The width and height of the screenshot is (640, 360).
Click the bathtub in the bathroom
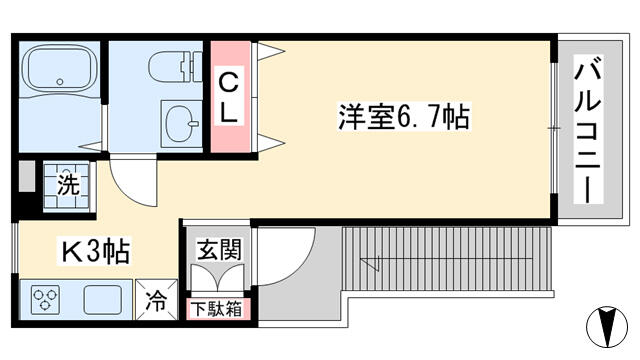[x=60, y=69]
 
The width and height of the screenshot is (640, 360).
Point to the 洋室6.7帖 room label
[x=404, y=116]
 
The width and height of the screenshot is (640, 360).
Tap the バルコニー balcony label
[x=588, y=129]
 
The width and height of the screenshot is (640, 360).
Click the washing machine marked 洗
[x=67, y=186]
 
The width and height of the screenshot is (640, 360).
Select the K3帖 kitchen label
[x=96, y=251]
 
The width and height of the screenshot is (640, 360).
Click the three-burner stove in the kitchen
[x=45, y=300]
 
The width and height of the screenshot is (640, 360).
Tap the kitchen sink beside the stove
[x=102, y=300]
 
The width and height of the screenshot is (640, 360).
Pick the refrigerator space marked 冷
[x=156, y=300]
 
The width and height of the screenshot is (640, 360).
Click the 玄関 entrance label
[x=219, y=250]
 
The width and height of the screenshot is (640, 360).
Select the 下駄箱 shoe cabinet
[x=217, y=309]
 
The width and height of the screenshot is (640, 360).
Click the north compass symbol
[x=607, y=327]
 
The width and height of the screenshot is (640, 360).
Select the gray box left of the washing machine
[x=27, y=176]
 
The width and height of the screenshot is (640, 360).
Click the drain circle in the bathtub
[x=60, y=82]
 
